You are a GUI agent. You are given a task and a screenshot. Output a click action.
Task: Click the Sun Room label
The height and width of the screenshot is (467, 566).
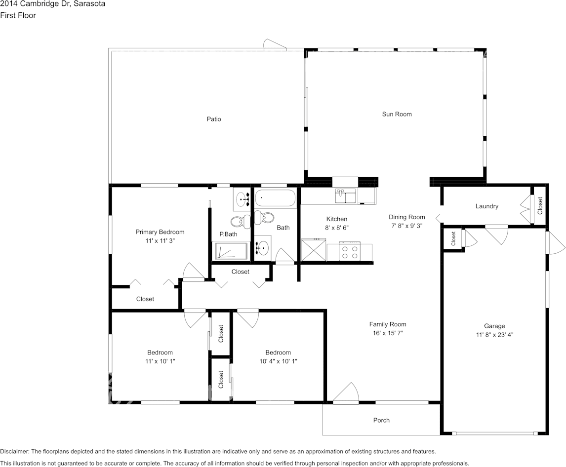tap(397, 114)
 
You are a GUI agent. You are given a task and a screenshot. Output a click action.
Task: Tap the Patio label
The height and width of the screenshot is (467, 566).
tap(214, 119)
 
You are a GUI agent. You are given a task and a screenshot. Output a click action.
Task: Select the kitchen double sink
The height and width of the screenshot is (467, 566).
tap(346, 196)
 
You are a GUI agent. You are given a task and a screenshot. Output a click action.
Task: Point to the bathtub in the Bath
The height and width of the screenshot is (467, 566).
tap(275, 199)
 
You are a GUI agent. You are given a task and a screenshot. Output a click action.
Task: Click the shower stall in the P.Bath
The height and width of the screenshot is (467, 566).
tap(231, 251)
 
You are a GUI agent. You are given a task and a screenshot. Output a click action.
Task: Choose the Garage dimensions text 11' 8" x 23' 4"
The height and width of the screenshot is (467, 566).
tap(494, 335)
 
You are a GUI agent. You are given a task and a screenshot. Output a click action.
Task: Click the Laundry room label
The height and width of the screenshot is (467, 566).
tap(486, 206)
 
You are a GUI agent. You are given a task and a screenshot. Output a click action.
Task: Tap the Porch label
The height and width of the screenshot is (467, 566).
tap(381, 420)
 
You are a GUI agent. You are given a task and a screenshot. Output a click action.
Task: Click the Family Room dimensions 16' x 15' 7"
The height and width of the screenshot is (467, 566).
tap(388, 333)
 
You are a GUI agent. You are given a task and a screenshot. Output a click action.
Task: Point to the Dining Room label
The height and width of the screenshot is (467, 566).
tap(406, 217)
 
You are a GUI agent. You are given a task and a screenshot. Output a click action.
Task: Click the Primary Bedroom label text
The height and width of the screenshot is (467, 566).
tap(160, 232)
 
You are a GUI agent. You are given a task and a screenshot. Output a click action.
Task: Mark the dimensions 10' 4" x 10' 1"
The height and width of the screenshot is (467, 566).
tap(278, 361)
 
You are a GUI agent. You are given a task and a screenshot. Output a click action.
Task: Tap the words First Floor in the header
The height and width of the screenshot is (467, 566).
tap(18, 15)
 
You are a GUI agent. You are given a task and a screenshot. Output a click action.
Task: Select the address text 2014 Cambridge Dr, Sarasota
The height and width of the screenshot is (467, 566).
tap(52, 4)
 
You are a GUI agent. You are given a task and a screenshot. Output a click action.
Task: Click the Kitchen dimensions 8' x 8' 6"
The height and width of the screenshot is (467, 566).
tap(336, 228)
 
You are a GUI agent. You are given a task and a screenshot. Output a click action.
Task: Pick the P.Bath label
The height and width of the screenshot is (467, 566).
tap(229, 234)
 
